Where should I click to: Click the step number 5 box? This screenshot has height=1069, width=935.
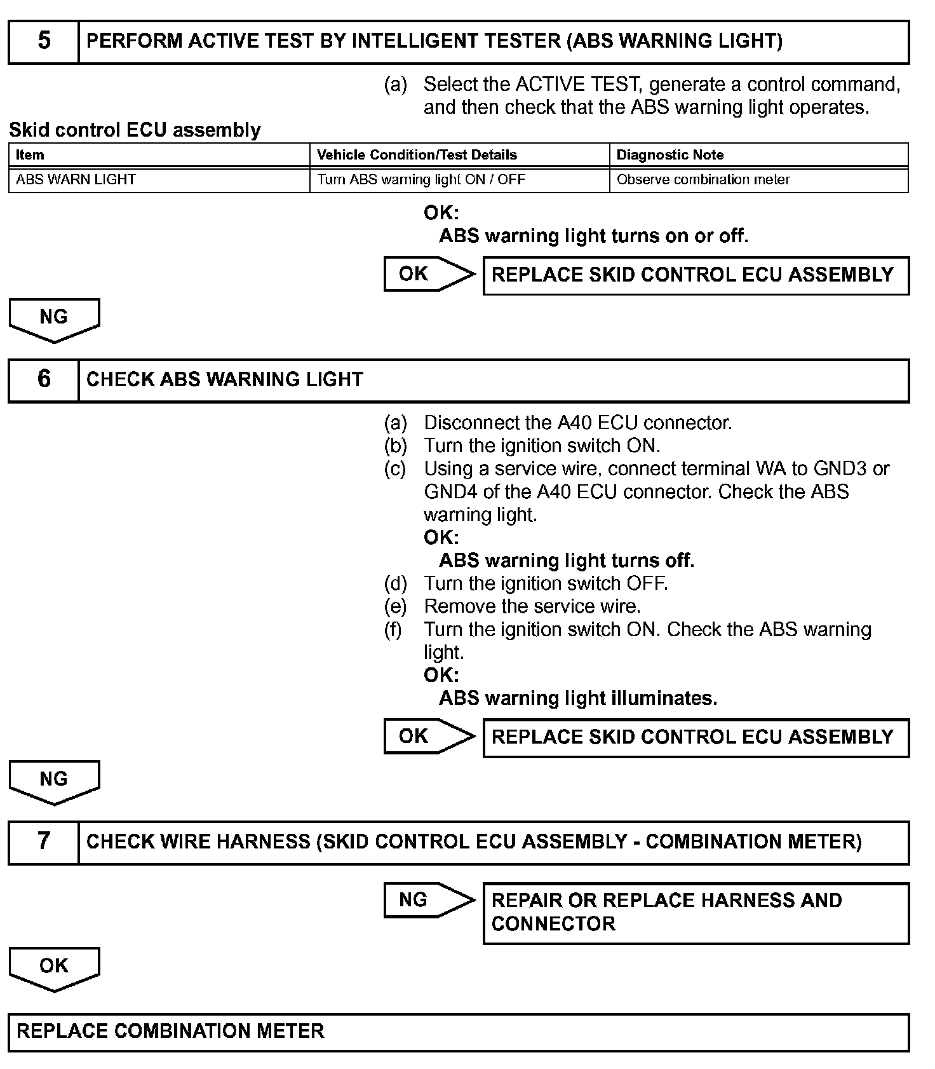(43, 41)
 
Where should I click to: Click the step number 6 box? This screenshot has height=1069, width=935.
(43, 379)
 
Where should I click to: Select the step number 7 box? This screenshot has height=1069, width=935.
(43, 841)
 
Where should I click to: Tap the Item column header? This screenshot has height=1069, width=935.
(30, 155)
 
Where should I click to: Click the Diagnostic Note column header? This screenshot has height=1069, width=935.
(669, 155)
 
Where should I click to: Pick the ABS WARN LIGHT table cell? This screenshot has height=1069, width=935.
(76, 180)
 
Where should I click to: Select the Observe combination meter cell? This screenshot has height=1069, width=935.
(703, 180)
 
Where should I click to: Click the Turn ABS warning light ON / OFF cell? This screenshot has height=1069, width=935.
(420, 180)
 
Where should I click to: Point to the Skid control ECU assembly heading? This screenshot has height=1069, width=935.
(135, 130)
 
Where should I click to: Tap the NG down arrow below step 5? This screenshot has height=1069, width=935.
(54, 318)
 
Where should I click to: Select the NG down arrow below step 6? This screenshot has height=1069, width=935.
(54, 780)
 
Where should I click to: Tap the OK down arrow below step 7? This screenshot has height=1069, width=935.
(54, 967)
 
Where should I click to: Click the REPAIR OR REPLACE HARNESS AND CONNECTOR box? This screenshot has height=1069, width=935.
(696, 912)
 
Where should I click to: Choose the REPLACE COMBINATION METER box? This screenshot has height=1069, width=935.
(458, 1031)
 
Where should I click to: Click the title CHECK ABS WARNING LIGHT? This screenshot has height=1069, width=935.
(224, 379)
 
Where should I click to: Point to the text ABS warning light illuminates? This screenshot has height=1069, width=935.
(577, 698)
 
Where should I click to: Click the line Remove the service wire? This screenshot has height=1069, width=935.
(532, 606)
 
